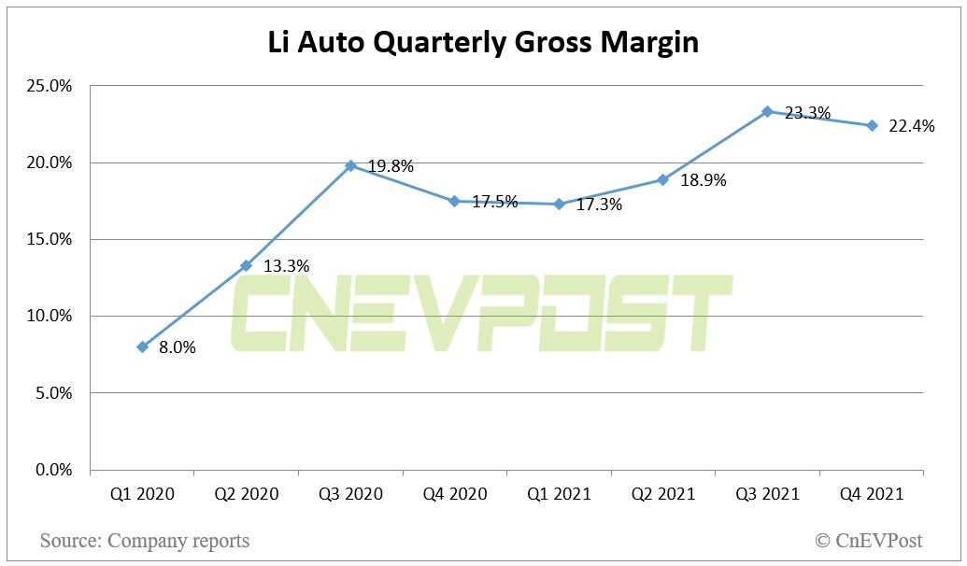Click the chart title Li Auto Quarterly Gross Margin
483,43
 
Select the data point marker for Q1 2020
142,347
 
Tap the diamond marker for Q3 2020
350,165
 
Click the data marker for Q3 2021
767,111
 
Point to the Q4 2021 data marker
872,125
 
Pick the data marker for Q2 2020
246,265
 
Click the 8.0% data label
178,347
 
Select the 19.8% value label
390,166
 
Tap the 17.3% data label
598,205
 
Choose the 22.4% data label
911,127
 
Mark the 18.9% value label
703,180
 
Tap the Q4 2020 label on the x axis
454,494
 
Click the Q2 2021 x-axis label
662,494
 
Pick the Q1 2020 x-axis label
142,494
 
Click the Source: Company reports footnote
145,540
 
